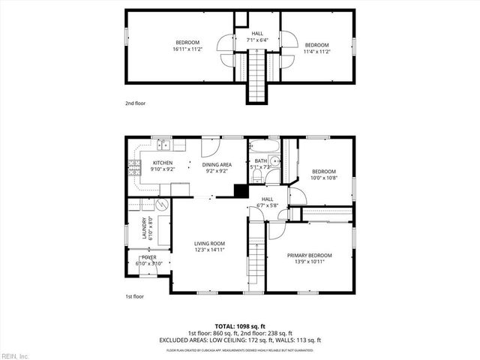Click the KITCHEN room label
pyautogui.click(x=163, y=163)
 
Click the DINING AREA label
pyautogui.click(x=217, y=164)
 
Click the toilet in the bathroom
pyautogui.click(x=256, y=175)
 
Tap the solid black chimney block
pyautogui.click(x=241, y=190)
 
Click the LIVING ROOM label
pyautogui.click(x=210, y=243)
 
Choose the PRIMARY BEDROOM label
pyautogui.click(x=310, y=255)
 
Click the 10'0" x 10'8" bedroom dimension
pyautogui.click(x=325, y=178)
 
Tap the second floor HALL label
pyautogui.click(x=257, y=34)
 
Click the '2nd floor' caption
pyautogui.click(x=136, y=103)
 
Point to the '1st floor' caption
pyautogui.click(x=135, y=296)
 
